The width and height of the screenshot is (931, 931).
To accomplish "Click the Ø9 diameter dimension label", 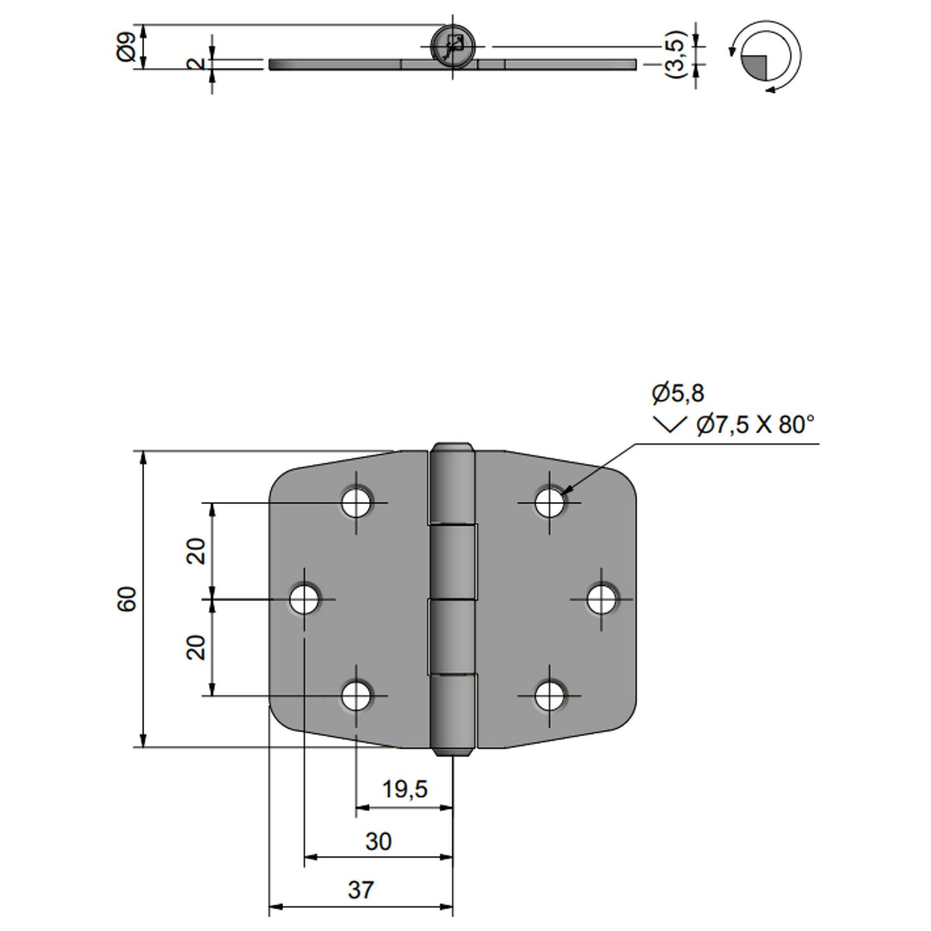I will [x=126, y=47].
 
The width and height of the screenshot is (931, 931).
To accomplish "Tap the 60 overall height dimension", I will [x=127, y=599].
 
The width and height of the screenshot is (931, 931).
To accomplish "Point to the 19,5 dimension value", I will [x=405, y=789].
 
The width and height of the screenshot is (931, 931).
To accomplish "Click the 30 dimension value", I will [x=378, y=842].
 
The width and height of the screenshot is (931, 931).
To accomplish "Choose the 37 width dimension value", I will [x=361, y=890].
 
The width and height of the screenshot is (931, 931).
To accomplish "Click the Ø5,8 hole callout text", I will [x=678, y=393].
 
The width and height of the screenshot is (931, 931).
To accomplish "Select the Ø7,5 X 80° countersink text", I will [x=755, y=425].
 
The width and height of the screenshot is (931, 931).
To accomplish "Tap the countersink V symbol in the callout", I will [x=670, y=425].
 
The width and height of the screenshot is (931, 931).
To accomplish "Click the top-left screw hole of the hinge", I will [x=357, y=502].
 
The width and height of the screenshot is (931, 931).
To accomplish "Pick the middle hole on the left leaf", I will [x=305, y=599].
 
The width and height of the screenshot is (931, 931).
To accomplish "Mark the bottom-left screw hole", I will [x=357, y=696].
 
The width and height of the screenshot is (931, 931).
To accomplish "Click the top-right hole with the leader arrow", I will [x=550, y=502].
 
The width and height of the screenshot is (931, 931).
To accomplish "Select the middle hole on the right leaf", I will [x=601, y=599].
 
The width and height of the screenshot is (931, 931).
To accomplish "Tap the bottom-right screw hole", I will [x=550, y=696].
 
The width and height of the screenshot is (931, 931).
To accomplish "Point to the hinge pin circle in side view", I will [x=453, y=46].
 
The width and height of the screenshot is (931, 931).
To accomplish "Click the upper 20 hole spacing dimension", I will [x=196, y=551].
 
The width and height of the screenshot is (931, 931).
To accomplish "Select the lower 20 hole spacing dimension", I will [x=196, y=647].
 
